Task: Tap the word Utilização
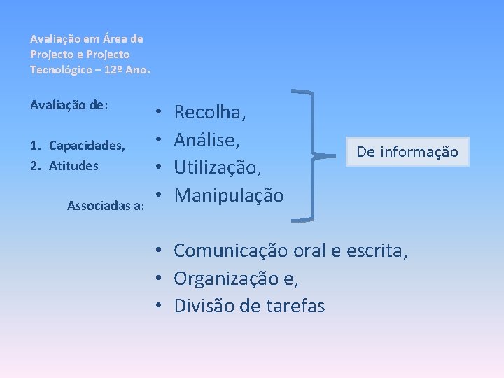216,167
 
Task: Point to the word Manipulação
228,195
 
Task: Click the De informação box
407,151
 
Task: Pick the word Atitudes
73,167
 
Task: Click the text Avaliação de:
69,104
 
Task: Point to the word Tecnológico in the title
59,69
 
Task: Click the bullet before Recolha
160,112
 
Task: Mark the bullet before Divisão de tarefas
160,306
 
